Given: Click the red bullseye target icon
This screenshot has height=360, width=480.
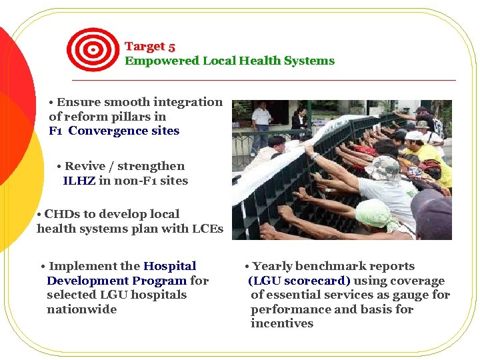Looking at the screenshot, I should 93,49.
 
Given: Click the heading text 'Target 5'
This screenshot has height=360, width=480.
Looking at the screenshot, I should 150,47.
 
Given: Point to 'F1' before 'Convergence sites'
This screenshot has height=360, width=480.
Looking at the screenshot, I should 57,131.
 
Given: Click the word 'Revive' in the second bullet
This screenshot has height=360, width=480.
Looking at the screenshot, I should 83,166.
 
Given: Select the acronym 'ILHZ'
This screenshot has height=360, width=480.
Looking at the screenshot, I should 79,181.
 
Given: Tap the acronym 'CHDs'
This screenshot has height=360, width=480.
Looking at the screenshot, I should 60,214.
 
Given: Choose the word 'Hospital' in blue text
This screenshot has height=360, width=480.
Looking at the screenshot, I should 170,266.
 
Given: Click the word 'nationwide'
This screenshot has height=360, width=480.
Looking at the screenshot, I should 81,309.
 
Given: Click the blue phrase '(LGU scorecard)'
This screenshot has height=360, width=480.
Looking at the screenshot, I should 299,281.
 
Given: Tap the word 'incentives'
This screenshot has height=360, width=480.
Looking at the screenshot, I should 281,323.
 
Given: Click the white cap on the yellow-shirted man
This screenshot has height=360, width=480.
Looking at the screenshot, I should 414,135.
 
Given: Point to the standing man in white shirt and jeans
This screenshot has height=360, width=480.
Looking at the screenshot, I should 261,124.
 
